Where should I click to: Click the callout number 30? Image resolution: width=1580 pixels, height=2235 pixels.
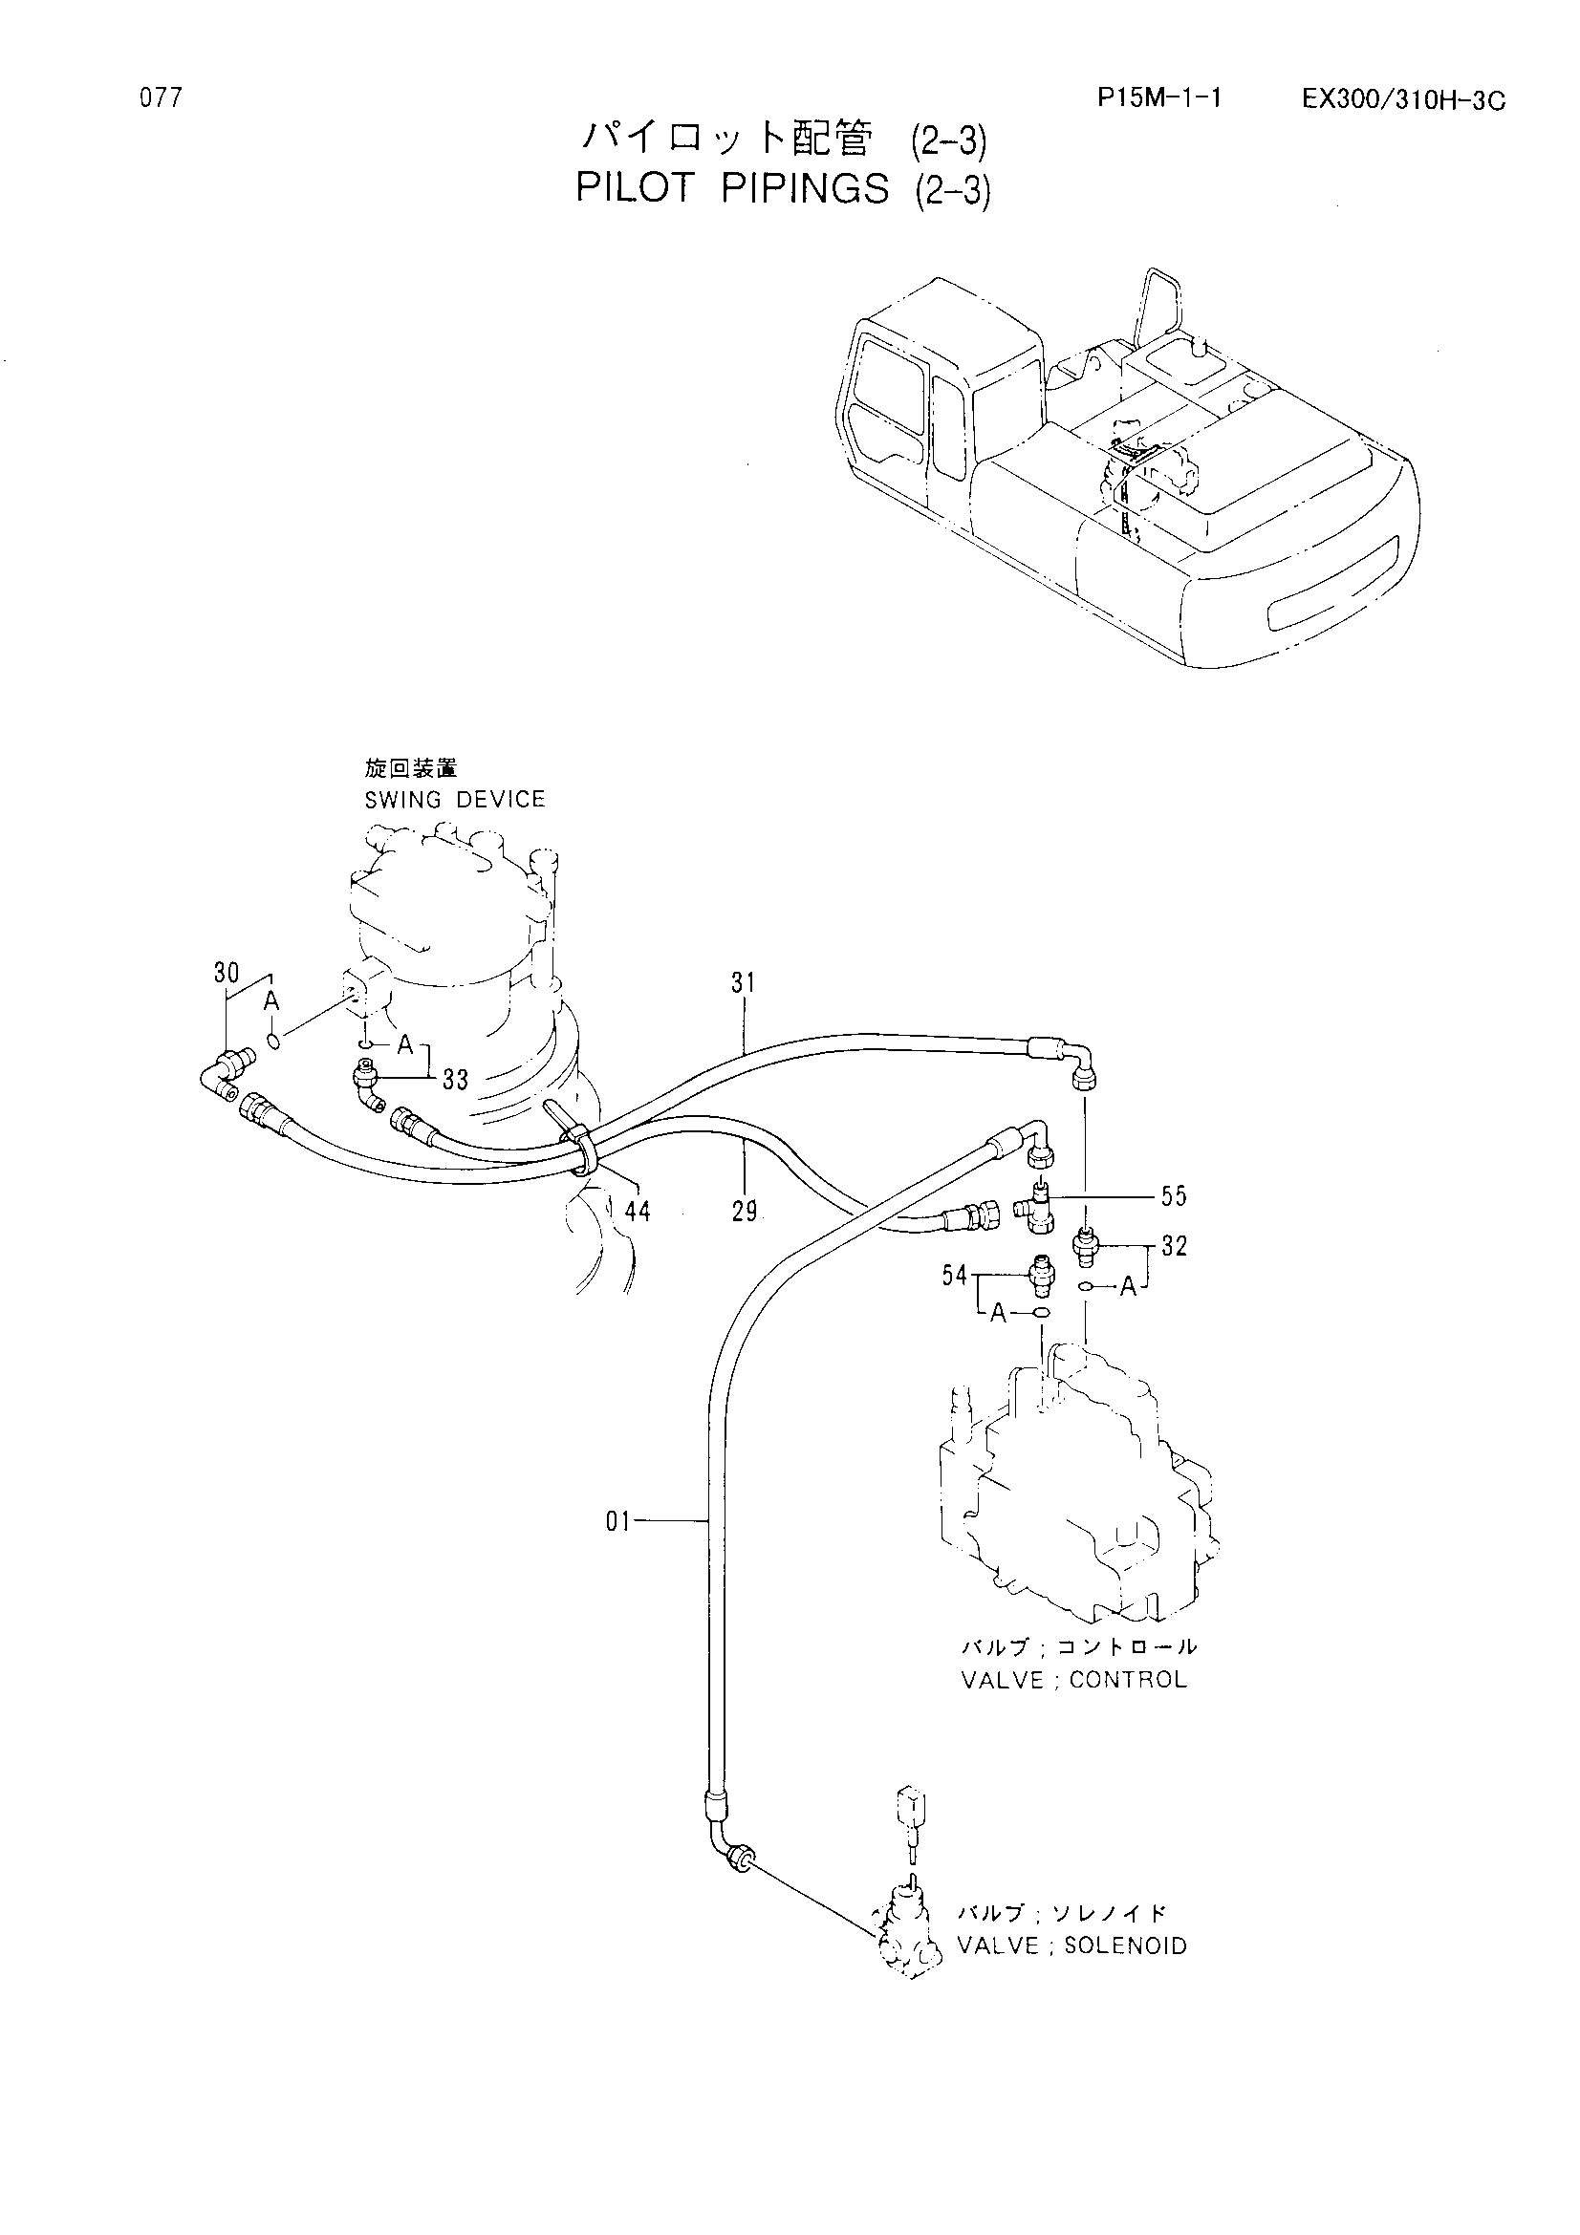click(x=227, y=973)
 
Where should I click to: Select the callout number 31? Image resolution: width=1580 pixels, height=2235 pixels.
click(x=744, y=983)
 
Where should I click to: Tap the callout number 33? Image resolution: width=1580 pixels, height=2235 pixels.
click(x=456, y=1080)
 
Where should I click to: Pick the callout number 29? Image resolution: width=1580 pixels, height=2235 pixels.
click(x=745, y=1213)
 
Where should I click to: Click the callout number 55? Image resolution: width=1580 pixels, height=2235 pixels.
click(x=1174, y=1195)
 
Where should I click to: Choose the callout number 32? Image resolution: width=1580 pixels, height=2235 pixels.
click(x=1174, y=1247)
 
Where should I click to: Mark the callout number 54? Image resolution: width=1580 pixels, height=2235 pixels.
click(x=955, y=1276)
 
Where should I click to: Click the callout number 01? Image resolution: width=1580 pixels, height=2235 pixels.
click(x=619, y=1521)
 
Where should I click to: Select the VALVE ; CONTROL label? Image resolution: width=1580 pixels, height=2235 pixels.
click(x=1073, y=1680)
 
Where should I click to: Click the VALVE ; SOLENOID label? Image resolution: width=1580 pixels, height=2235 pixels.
click(x=1071, y=1945)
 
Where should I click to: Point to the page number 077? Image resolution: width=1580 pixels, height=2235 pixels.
click(x=161, y=98)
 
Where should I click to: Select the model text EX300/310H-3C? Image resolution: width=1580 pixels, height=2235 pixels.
click(x=1405, y=100)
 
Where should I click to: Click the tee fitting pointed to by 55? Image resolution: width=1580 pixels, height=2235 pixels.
click(x=1034, y=1203)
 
